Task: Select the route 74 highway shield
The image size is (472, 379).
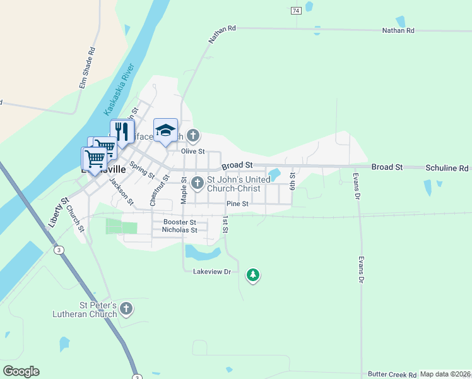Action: point(295,11)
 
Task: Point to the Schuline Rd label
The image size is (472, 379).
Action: point(447,168)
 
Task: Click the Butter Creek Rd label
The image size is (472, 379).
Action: point(392,374)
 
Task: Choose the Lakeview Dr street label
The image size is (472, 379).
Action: point(212,272)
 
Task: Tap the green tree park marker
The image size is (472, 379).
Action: point(253,275)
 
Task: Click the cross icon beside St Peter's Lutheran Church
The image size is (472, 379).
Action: point(126,309)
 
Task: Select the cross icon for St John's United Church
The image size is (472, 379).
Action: point(197,183)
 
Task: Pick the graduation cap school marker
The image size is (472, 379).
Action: point(165,130)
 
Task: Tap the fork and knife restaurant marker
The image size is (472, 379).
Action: point(122,131)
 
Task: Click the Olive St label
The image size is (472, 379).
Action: point(193,152)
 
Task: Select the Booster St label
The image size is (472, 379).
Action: point(180,222)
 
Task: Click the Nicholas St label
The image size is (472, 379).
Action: point(180,231)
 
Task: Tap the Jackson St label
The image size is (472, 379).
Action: point(122,191)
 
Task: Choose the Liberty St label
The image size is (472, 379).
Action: point(58,212)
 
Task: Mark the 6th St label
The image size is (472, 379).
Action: point(292,181)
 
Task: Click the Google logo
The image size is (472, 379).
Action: point(21,371)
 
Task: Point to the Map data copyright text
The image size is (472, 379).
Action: point(445,374)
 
